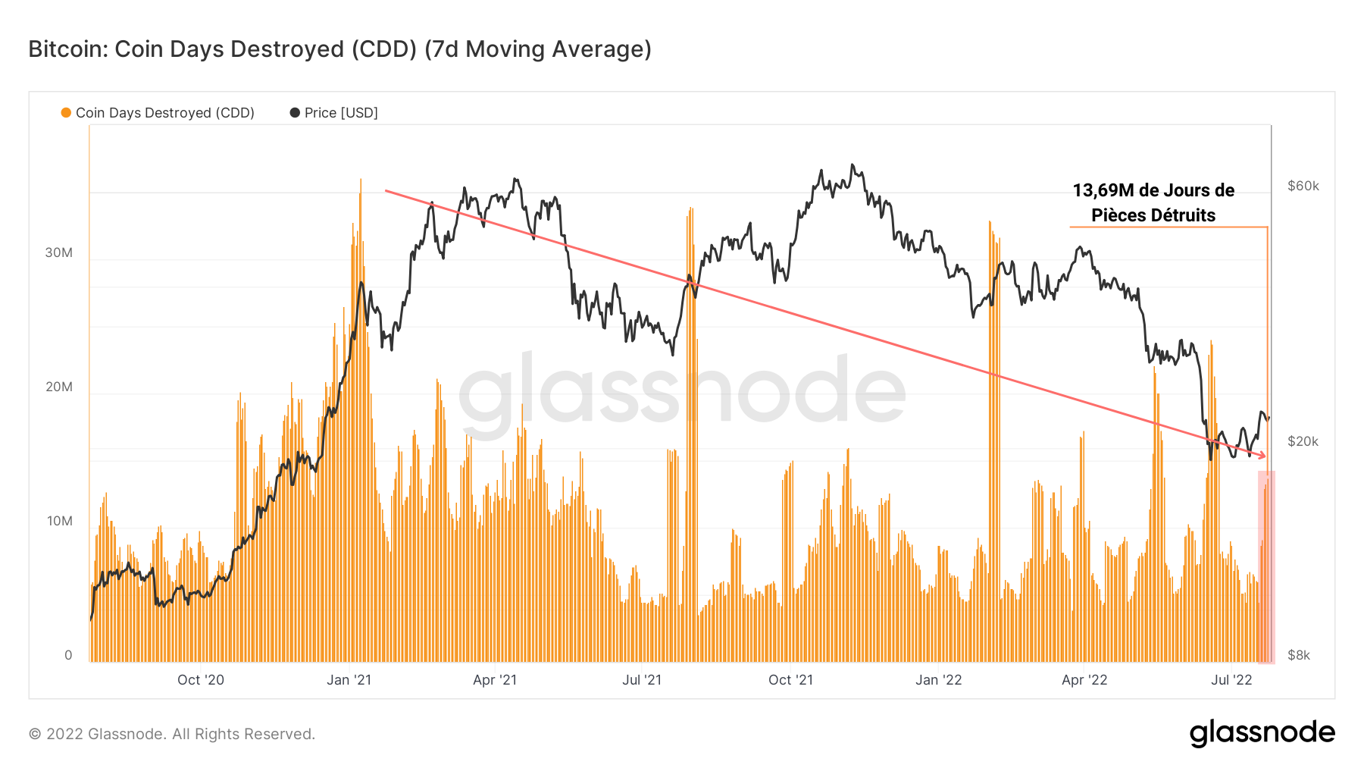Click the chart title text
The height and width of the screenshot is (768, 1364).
(x=339, y=49)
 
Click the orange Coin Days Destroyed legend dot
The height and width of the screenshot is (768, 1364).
(x=66, y=113)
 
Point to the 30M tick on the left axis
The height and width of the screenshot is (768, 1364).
(x=59, y=252)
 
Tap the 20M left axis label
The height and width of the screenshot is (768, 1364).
(x=59, y=387)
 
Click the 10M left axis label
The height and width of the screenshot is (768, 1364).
(x=60, y=521)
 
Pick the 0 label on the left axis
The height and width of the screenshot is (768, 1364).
(x=68, y=655)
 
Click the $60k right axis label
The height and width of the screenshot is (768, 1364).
(x=1303, y=186)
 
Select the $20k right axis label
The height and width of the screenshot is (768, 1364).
(x=1303, y=441)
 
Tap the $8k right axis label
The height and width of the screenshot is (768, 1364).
(x=1299, y=655)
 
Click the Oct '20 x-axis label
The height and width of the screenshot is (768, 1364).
(x=201, y=680)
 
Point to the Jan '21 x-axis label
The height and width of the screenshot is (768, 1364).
(x=349, y=680)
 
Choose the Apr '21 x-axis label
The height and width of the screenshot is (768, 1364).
(x=495, y=680)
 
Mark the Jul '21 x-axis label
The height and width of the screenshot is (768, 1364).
(x=642, y=680)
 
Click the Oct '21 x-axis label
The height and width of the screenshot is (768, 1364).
(x=790, y=680)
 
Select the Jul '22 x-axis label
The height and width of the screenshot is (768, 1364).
(x=1231, y=680)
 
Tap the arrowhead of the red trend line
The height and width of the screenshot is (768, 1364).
(x=1262, y=456)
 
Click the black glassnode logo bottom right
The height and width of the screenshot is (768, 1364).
(x=1262, y=733)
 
